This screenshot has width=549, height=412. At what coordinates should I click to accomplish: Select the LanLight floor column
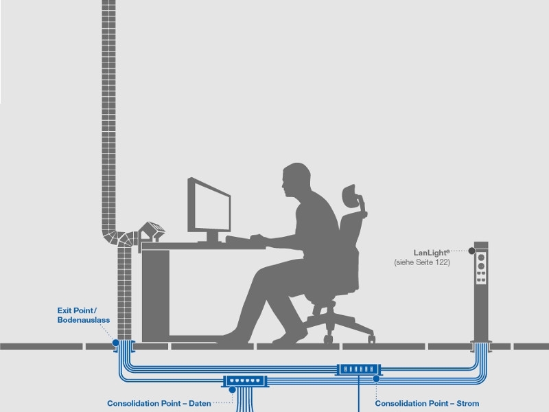[x=481, y=288]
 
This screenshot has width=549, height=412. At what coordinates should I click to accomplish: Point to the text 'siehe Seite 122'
[x=422, y=262]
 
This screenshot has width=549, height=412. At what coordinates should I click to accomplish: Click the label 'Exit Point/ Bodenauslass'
[x=83, y=315]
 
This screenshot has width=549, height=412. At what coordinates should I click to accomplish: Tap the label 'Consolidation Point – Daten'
[x=159, y=403]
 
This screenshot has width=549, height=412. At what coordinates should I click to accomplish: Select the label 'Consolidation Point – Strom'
[x=427, y=403]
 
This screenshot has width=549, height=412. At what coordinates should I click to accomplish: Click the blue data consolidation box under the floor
[x=244, y=380]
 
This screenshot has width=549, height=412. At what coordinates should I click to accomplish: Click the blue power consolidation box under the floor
[x=359, y=369]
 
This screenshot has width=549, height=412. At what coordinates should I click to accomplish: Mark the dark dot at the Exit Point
[x=115, y=342]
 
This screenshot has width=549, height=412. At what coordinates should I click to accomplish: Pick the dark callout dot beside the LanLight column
[x=472, y=252]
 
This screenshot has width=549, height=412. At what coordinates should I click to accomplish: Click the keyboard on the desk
[x=244, y=239]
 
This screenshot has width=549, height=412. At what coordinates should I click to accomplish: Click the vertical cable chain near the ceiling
[x=108, y=69]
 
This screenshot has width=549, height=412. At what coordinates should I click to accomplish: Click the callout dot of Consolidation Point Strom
[x=376, y=378]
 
